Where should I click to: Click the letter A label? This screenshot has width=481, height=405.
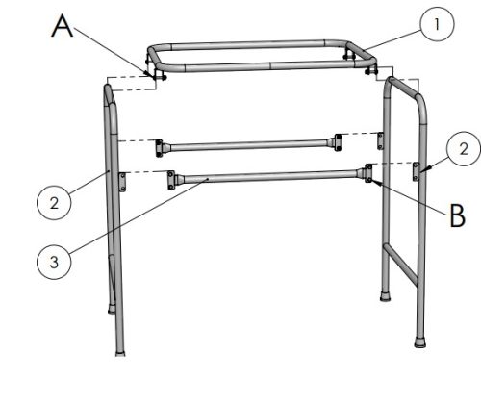click(x=63, y=27)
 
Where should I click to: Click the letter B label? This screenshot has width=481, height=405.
click(x=458, y=215)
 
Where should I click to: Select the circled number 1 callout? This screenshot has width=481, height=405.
click(x=437, y=24)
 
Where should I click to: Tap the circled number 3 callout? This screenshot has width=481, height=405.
click(x=54, y=262)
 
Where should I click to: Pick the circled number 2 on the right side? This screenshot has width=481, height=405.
click(x=464, y=149)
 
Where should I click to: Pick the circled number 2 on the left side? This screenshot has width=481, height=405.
click(x=54, y=203)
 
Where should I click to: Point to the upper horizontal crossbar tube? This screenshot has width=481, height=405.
click(x=248, y=145)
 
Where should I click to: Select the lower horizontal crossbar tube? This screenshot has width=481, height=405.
click(x=269, y=176)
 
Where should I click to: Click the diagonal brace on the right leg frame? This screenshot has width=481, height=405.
click(x=401, y=265)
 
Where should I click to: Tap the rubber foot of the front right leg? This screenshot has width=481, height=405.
click(x=420, y=342)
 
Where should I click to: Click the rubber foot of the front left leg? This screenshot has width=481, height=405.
click(x=120, y=353)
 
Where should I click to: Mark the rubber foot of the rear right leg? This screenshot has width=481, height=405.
click(x=385, y=296)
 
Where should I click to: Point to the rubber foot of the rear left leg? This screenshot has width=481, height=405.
click(x=112, y=311)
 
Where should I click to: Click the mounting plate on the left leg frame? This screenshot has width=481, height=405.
click(x=122, y=182)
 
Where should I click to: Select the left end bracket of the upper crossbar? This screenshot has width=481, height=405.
click(x=159, y=148)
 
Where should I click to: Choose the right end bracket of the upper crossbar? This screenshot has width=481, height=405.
click(x=338, y=142)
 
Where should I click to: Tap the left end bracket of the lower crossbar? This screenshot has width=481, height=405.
click(x=171, y=180)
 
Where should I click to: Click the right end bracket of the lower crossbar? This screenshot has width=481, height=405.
click(x=368, y=173)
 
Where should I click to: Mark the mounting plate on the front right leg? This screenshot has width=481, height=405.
click(x=416, y=171)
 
